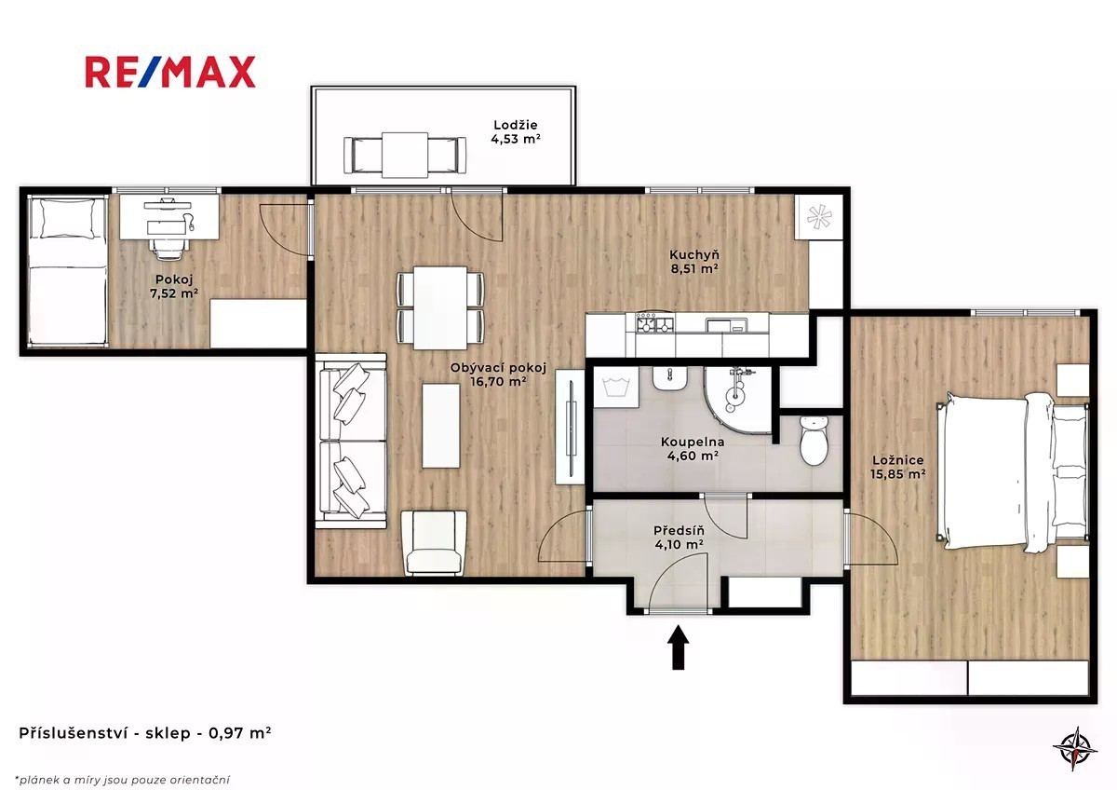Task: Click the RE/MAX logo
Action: tap(170, 72)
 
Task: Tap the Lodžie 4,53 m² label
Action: tap(516, 132)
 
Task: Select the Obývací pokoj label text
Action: tap(498, 368)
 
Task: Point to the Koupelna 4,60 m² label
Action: tap(693, 449)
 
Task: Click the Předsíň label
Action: tap(679, 530)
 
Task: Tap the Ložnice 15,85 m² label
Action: tap(897, 467)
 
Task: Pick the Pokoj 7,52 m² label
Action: tap(174, 286)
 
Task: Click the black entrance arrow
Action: tap(679, 647)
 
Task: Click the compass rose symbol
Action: tap(1074, 747)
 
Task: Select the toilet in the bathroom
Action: tap(814, 440)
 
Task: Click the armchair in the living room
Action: tap(434, 542)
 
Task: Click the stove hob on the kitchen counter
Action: tap(654, 322)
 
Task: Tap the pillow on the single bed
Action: tap(68, 219)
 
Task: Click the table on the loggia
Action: tap(405, 155)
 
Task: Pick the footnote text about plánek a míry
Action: tap(123, 780)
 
